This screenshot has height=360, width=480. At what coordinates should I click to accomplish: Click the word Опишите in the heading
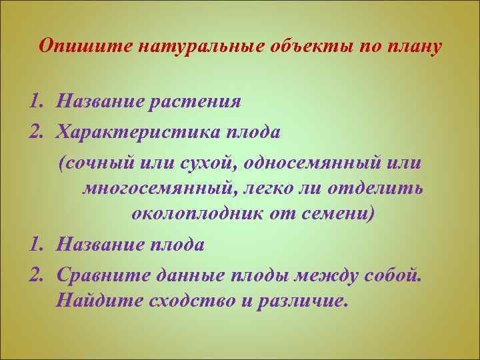point(73,47)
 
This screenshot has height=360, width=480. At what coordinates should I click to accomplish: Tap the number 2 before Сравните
point(35,273)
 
